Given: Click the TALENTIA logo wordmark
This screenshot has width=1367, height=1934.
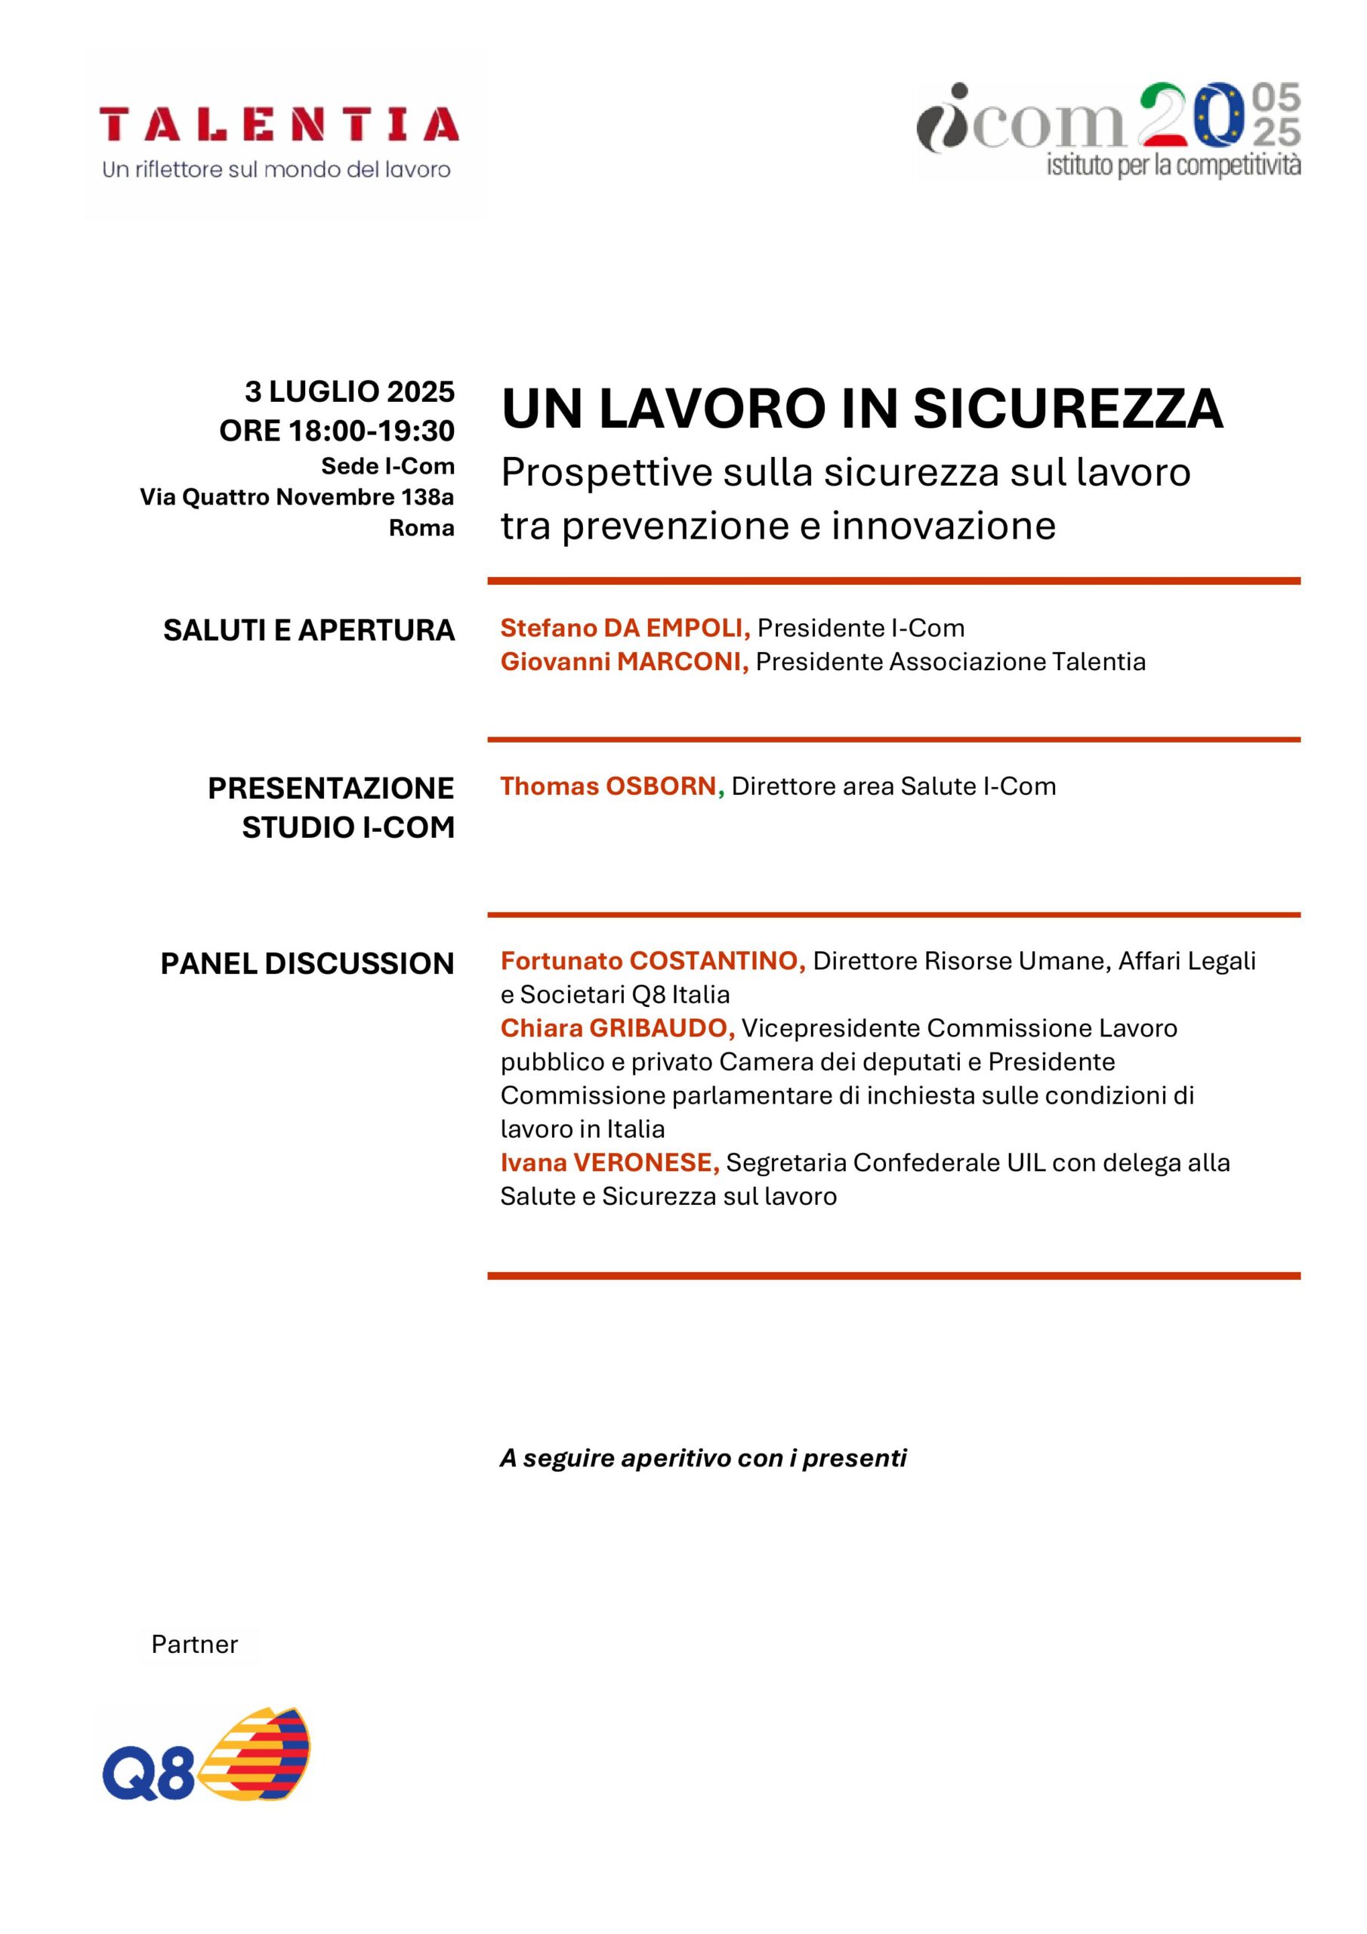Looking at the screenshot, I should point(279,125).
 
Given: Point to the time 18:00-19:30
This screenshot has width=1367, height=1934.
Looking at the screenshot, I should point(372,431).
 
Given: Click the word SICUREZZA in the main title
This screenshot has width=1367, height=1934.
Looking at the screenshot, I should point(1067,409).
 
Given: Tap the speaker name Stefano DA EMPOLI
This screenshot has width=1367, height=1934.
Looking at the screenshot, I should point(624,629).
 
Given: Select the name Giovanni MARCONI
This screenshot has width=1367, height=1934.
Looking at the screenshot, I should point(623,662).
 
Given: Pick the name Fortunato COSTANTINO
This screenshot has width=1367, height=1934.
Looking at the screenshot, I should point(652,961).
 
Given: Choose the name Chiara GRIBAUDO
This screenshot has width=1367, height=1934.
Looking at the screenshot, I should point(616,1028).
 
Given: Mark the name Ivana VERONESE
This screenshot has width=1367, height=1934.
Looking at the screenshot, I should point(609,1163).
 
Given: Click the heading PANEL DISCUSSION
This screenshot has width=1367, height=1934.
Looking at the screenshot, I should point(307,964).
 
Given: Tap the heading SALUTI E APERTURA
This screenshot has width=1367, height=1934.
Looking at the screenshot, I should point(309,631).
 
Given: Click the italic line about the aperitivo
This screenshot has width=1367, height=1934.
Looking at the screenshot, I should point(702,1458).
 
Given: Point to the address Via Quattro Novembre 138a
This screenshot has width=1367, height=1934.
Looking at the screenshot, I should point(297,498).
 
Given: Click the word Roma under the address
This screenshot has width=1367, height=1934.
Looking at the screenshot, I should point(421,528).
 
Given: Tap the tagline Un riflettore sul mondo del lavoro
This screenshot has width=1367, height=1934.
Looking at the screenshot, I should point(276,170).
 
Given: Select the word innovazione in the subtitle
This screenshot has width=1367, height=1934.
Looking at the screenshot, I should point(943,527).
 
